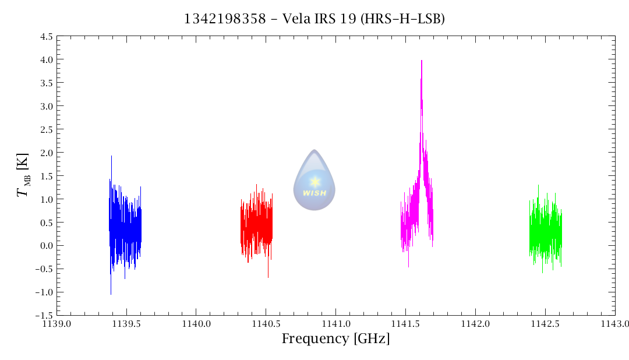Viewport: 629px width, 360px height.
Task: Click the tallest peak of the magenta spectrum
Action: coord(421,61)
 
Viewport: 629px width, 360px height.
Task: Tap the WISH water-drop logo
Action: coord(314,180)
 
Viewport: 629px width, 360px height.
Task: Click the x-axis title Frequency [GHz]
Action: coord(335,339)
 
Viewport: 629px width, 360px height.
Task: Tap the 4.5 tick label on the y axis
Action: coord(47,36)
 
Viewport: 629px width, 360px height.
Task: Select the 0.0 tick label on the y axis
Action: coord(47,245)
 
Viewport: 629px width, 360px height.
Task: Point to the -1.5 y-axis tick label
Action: coord(44,315)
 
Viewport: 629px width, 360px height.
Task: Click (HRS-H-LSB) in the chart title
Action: coord(403,19)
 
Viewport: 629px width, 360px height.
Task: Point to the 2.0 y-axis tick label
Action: coord(47,153)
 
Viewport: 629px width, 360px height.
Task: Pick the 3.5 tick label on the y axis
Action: coord(47,83)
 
